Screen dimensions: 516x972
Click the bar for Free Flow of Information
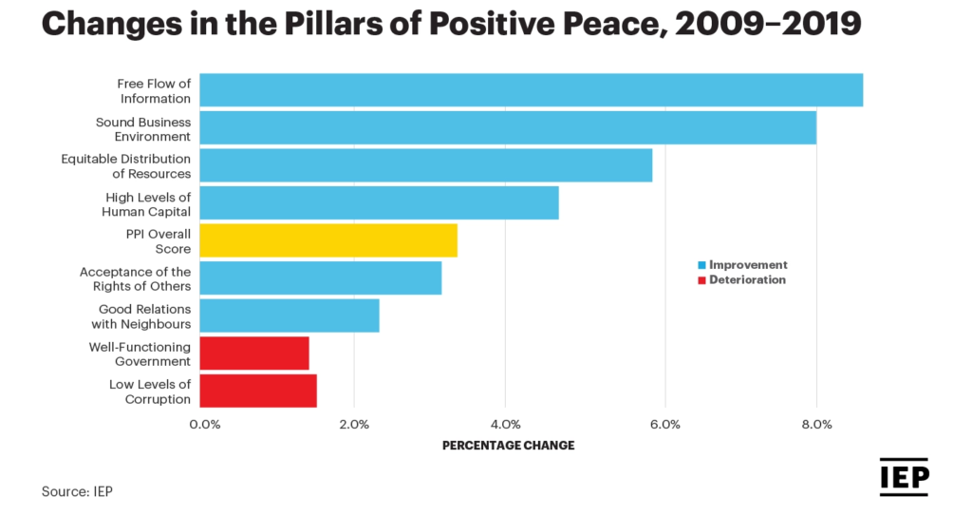coord(531,89)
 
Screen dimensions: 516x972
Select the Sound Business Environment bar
coord(508,127)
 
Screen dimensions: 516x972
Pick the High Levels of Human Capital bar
coord(379,202)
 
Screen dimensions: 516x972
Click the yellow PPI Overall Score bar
coord(328,240)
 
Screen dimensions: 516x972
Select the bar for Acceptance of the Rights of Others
coord(320,277)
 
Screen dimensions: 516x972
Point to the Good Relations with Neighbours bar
coord(290,315)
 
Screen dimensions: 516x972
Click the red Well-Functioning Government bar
coord(254,353)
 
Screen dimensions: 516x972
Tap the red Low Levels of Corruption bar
coord(258,391)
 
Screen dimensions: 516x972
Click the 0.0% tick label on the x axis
coord(205,424)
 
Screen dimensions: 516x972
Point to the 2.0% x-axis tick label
coord(354,424)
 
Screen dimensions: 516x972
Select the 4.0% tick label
coord(506,424)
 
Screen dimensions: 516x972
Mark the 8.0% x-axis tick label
coord(816,424)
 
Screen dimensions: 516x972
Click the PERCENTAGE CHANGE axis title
coord(508,445)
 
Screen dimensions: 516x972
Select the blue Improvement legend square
coord(701,265)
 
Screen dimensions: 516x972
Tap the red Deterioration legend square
coord(701,280)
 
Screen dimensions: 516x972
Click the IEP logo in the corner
coord(904,477)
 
